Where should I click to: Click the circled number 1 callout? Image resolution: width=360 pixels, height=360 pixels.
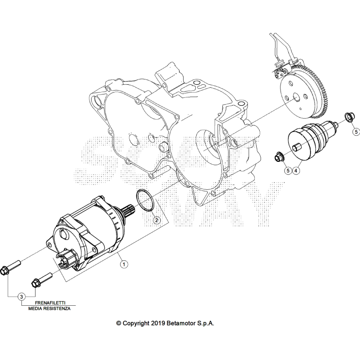(x=124, y=264)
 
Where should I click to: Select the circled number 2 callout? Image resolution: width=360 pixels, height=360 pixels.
(x=157, y=220)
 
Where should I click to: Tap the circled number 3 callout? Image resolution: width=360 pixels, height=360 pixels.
(x=21, y=296)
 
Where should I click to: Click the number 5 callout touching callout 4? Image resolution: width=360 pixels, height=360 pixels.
(x=287, y=171)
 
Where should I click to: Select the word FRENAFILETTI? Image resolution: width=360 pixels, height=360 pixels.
(x=50, y=302)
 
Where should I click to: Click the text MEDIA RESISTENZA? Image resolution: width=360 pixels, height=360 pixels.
(x=49, y=309)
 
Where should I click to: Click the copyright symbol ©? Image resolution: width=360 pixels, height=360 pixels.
(x=118, y=323)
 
